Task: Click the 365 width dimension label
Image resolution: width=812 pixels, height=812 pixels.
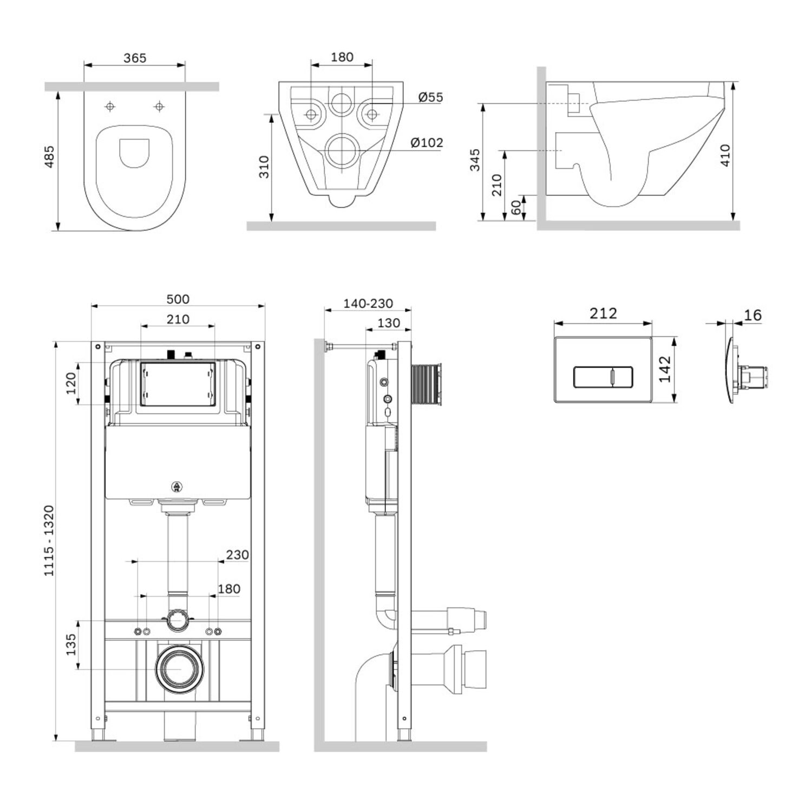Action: pyautogui.click(x=135, y=58)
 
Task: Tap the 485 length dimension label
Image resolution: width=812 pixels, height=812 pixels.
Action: pyautogui.click(x=49, y=156)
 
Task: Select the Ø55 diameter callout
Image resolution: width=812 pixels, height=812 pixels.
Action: pyautogui.click(x=431, y=97)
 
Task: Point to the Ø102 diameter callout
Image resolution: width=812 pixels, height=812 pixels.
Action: pyautogui.click(x=427, y=143)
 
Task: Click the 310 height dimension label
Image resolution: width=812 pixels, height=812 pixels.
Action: pyautogui.click(x=264, y=167)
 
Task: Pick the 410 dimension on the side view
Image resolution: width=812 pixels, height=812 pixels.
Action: pyautogui.click(x=725, y=155)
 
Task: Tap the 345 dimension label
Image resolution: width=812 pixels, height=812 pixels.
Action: pyautogui.click(x=475, y=160)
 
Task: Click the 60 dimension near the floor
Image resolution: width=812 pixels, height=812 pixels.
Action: pyautogui.click(x=516, y=207)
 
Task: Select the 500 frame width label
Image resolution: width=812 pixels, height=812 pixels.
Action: pyautogui.click(x=178, y=299)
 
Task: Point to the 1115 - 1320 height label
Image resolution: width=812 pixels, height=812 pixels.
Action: pyautogui.click(x=49, y=540)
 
